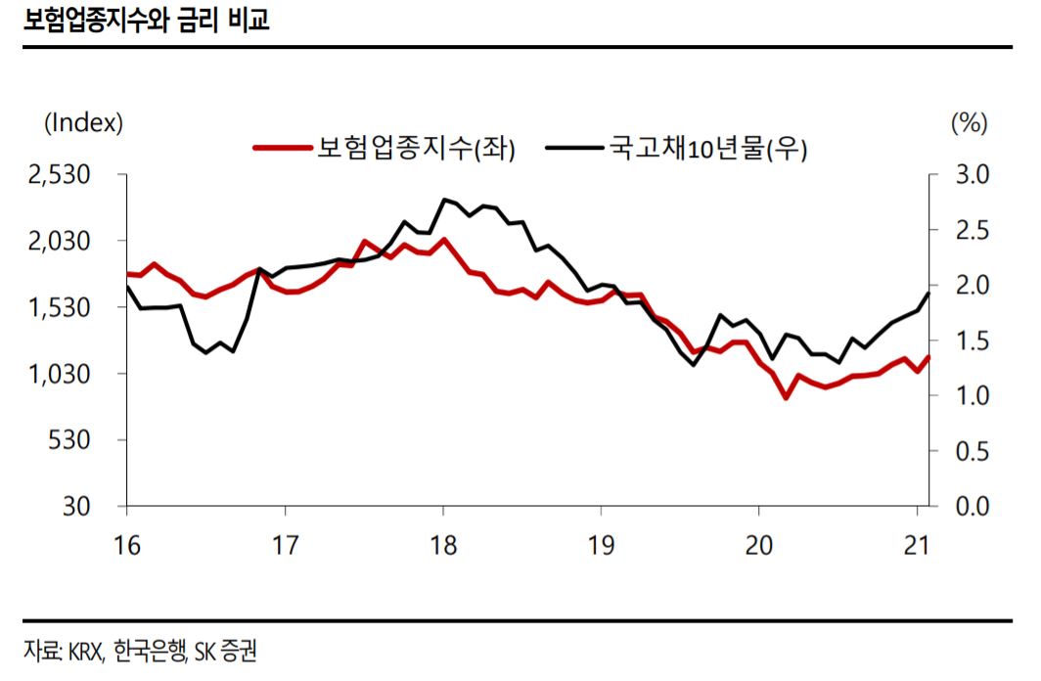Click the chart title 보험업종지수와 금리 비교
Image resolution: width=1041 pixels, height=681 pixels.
(x=148, y=21)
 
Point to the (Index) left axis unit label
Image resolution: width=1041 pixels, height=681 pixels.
(x=84, y=123)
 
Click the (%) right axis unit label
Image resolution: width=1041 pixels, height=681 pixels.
(x=969, y=123)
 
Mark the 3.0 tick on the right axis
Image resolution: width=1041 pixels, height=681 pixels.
(x=972, y=175)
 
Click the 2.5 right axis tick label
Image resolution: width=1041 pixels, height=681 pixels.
(x=972, y=230)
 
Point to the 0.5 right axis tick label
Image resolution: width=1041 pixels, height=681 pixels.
(x=972, y=451)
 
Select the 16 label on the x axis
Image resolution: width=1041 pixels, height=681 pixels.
(x=127, y=544)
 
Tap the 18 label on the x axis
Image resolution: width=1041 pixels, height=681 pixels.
(x=443, y=544)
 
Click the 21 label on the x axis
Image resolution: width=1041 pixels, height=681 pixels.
(x=916, y=544)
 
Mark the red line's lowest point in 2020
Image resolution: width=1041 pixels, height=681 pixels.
(x=785, y=397)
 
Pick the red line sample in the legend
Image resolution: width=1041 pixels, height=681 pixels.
(x=282, y=149)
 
